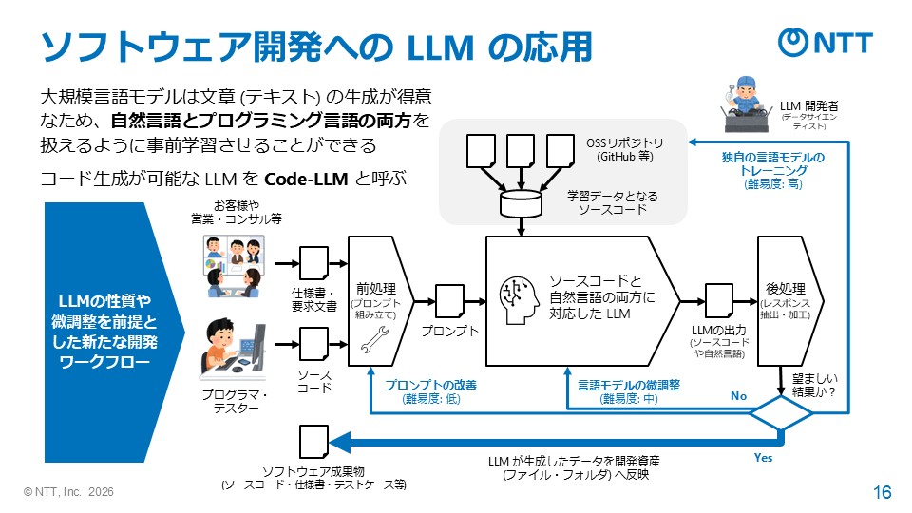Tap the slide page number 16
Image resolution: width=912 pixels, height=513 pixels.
[x=882, y=492]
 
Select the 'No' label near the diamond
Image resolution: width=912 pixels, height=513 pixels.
[x=738, y=393]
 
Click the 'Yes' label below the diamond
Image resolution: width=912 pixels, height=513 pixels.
[x=764, y=458]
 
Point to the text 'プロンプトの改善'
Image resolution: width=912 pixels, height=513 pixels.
[x=430, y=386]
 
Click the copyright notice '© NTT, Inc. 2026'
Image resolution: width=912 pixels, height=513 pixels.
[x=71, y=492]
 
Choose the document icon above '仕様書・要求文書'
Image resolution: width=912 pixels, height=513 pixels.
[x=313, y=262]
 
